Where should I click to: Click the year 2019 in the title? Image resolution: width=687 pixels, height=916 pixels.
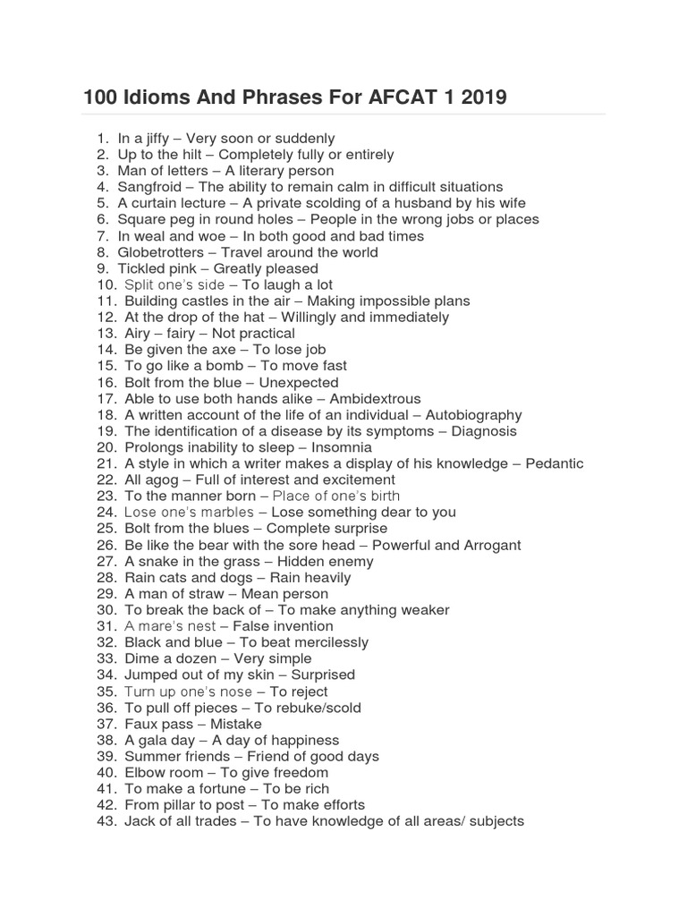point(482,97)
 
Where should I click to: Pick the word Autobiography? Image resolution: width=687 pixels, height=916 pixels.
point(473,415)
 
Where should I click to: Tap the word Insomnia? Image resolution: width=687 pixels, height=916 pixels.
point(342,447)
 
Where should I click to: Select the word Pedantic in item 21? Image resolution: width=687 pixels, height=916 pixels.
point(553,463)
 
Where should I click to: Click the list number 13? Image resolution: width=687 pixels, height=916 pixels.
point(106,334)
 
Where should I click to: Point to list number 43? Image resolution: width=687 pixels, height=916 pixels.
point(106,821)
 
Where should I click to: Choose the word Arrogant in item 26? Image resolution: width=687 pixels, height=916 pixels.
point(491,545)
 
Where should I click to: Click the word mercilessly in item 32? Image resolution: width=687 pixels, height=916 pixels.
point(330,642)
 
